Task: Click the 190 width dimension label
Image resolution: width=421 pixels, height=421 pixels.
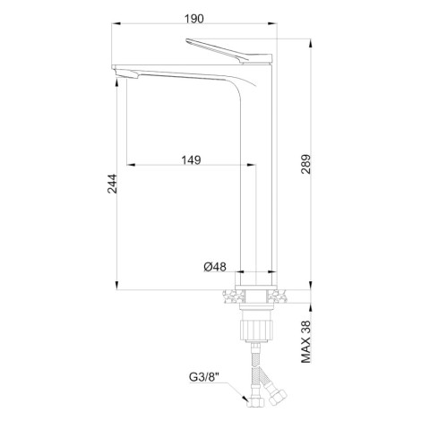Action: tap(194, 19)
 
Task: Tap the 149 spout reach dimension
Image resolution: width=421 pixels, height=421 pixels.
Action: tap(192, 160)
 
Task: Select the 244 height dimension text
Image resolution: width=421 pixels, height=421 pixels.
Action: tap(112, 184)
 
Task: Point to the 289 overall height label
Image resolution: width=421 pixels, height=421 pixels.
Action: tap(305, 164)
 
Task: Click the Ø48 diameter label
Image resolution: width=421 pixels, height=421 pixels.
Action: tap(215, 267)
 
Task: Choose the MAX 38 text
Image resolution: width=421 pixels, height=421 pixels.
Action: tap(305, 342)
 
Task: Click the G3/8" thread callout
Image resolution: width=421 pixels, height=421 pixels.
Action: tap(204, 377)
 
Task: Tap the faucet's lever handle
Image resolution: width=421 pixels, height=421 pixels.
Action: tap(229, 51)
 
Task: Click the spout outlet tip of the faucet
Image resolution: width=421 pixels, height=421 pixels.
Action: tap(126, 75)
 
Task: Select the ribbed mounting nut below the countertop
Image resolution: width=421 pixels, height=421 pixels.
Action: tap(256, 330)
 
